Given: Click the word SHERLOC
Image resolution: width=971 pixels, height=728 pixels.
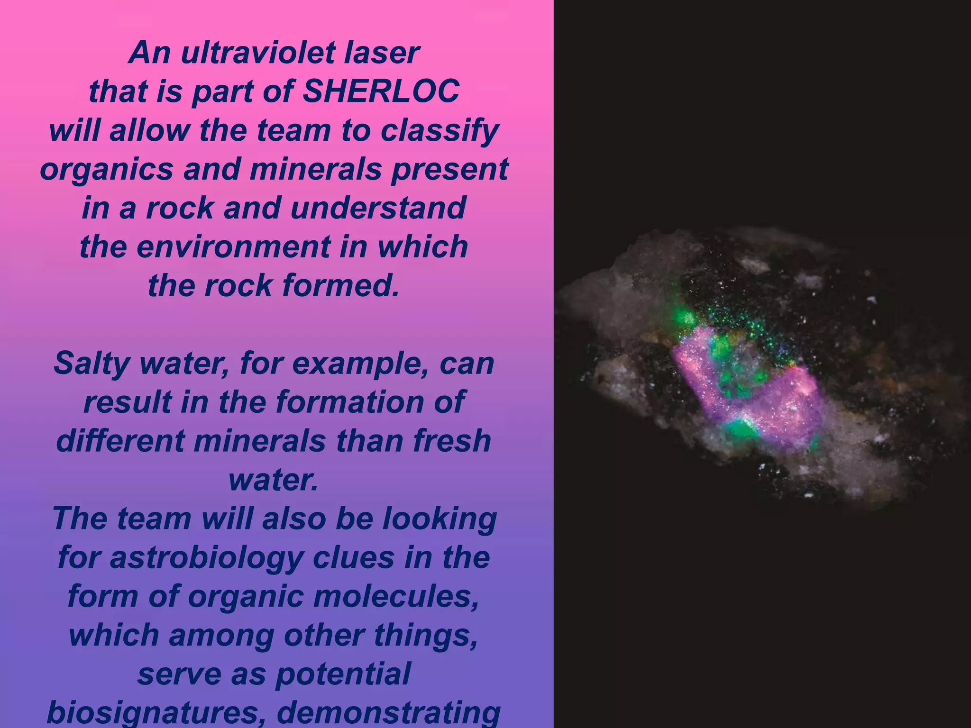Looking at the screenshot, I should [381, 91].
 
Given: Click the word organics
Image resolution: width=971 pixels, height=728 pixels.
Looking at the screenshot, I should [106, 169].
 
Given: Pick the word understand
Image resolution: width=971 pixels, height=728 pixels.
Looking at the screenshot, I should [378, 208].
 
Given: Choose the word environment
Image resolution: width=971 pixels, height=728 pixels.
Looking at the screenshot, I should [233, 246].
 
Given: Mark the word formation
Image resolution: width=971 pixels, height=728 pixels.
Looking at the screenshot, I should [352, 402].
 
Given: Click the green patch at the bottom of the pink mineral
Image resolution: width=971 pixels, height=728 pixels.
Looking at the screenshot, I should [741, 428].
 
